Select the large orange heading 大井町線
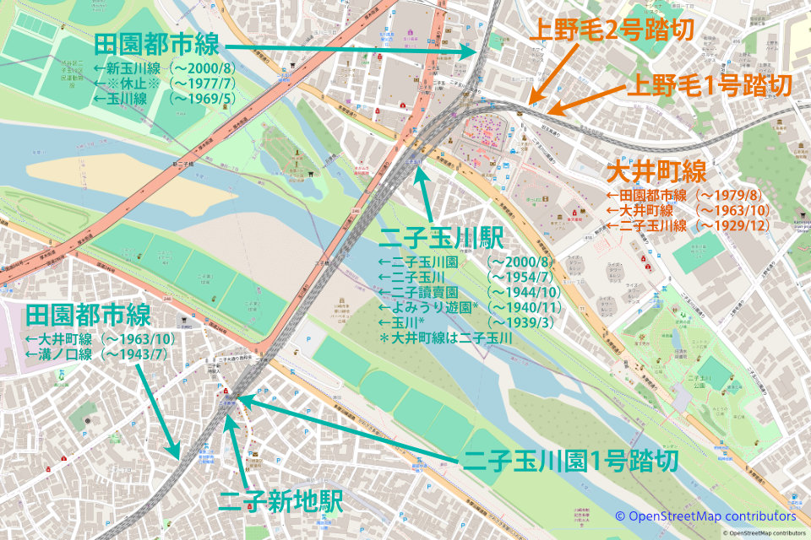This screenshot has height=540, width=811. point(656,173)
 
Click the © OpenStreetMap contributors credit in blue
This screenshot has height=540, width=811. point(705,516)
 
